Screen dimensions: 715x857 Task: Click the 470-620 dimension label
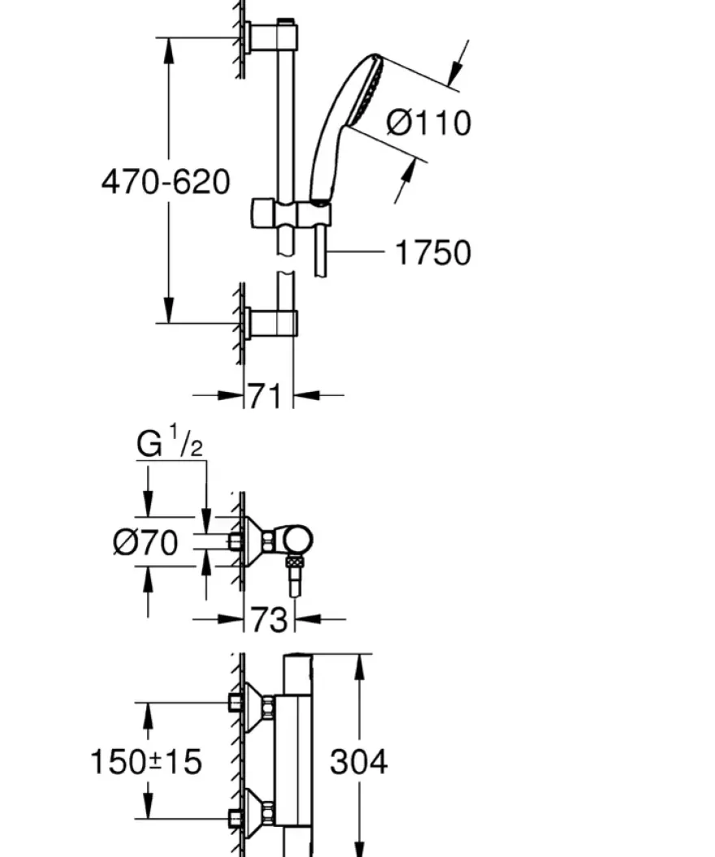166,182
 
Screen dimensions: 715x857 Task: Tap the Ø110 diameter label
429,123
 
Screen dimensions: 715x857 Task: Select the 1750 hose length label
432,253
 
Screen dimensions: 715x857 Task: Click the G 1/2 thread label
170,443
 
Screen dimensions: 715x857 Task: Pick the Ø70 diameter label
145,542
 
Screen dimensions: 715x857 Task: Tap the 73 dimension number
269,620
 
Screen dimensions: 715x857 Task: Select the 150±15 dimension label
145,761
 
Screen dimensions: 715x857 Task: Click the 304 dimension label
359,761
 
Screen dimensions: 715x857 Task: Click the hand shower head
347,127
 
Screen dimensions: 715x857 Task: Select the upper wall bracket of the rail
271,37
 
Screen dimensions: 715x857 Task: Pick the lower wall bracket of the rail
271,323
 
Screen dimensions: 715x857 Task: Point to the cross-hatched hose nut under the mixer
294,560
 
